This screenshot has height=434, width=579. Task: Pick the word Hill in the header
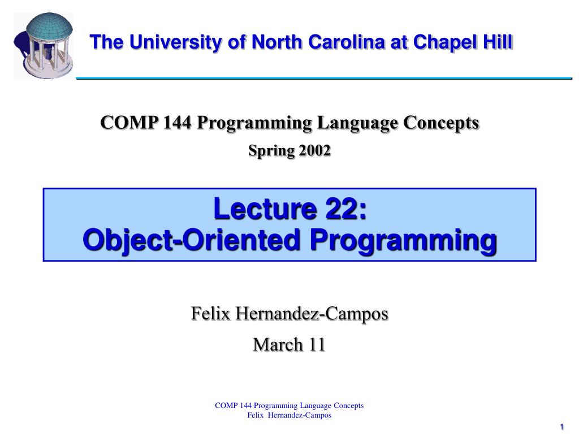pyautogui.click(x=499, y=42)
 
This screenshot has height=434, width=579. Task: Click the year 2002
pyautogui.click(x=314, y=151)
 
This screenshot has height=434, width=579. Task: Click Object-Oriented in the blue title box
pyautogui.click(x=191, y=241)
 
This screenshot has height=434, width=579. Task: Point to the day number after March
pyautogui.click(x=316, y=344)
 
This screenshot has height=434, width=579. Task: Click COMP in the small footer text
pyautogui.click(x=226, y=405)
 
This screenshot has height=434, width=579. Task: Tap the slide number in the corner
pyautogui.click(x=562, y=426)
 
